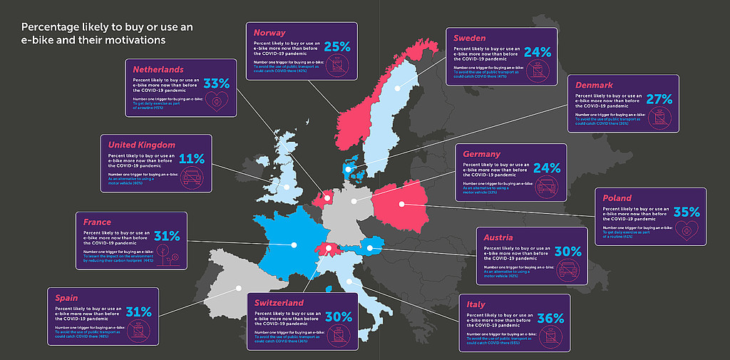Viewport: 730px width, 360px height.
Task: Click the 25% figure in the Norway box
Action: pos(337,46)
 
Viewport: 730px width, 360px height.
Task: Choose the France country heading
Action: pos(97,222)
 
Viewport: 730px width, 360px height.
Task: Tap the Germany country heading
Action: pos(482,154)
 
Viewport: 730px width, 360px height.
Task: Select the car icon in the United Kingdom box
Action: pos(192,176)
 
